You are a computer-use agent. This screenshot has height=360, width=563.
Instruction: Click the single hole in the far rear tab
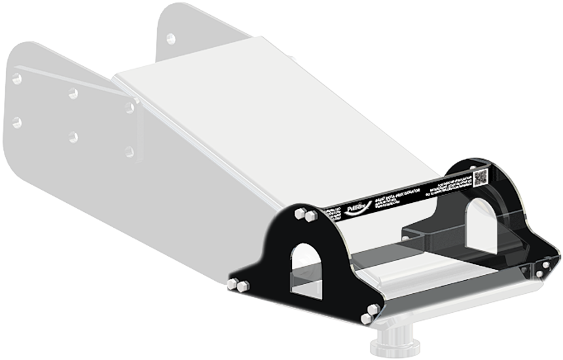click(170, 38)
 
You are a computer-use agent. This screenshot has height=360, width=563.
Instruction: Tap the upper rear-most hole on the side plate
click(17, 79)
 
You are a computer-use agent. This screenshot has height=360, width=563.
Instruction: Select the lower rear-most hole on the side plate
click(17, 122)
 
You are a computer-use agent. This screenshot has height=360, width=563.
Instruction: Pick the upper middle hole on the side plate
click(73, 94)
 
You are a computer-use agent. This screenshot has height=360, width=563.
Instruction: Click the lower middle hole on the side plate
click(73, 137)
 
